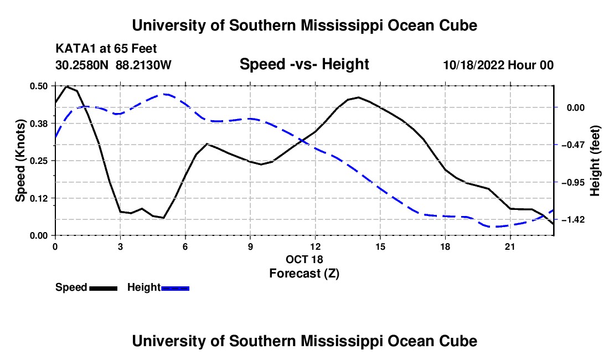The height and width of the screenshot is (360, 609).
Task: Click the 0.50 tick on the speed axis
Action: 39,86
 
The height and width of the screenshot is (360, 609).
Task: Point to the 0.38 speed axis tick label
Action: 39,124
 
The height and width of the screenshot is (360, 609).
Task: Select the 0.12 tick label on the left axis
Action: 39,198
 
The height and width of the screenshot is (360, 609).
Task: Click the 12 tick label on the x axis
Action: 316,246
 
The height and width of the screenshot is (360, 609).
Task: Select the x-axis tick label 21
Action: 510,246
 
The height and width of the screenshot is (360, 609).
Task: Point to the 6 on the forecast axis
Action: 185,246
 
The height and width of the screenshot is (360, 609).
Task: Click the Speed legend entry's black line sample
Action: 104,288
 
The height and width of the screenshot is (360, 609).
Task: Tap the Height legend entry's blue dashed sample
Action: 175,288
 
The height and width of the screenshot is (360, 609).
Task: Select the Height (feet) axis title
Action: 595,161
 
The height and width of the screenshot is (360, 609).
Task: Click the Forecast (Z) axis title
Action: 304,274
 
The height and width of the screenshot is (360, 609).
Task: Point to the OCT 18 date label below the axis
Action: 304,259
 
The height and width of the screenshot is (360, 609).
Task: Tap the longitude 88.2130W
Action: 143,65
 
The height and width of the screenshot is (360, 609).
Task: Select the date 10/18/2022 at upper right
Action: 474,65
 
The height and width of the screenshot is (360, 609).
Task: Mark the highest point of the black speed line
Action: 66,86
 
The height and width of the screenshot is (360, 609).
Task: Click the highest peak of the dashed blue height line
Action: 164,94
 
